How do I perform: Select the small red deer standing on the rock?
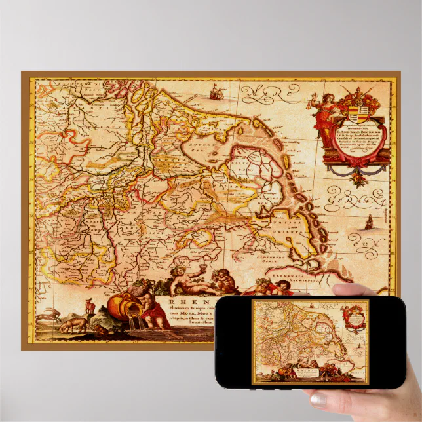point(88,305)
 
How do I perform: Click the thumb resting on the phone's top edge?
point(349,289)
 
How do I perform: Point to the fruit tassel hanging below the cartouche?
point(357,175)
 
